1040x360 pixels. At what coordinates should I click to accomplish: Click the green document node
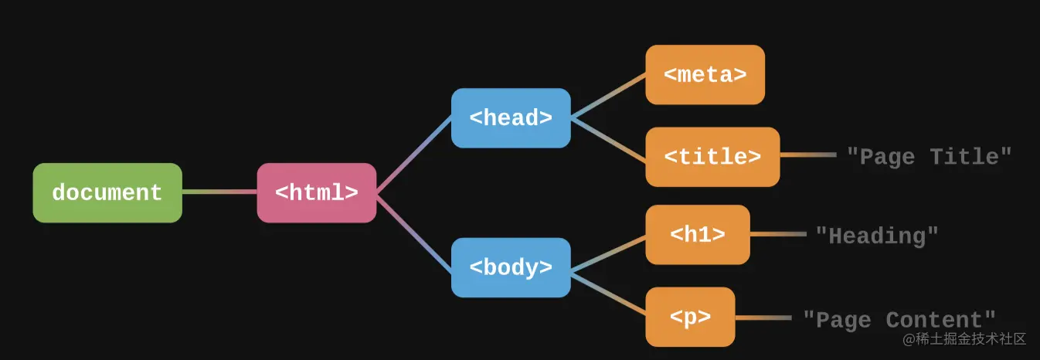coord(107,192)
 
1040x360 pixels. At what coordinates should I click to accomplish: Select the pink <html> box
coord(317,192)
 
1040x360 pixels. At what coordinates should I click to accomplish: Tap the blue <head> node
coord(511,118)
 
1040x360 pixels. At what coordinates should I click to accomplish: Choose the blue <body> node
coord(511,267)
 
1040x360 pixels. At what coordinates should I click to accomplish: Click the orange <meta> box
coord(705,75)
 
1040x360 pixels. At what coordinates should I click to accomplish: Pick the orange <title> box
coord(712,157)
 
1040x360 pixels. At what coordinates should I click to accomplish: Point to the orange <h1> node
coord(698,235)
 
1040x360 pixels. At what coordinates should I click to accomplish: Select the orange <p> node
coord(690,317)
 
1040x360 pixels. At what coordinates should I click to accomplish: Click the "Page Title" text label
coord(929,156)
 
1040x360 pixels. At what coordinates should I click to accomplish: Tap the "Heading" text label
coord(877,236)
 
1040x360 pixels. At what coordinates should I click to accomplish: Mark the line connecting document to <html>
coord(219,192)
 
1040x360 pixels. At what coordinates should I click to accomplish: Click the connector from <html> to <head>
coord(413,155)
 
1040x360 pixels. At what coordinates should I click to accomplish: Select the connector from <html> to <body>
coord(413,233)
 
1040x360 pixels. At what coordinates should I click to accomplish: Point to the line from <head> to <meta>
coord(608,95)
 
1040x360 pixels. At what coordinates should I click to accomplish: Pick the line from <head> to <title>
coord(608,140)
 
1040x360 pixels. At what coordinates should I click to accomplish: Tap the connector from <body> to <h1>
coord(608,253)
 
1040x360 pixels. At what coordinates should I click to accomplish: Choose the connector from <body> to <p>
coord(608,294)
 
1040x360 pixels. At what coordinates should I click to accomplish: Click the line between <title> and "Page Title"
coord(808,155)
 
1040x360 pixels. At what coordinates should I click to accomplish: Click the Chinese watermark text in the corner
coord(964,339)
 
